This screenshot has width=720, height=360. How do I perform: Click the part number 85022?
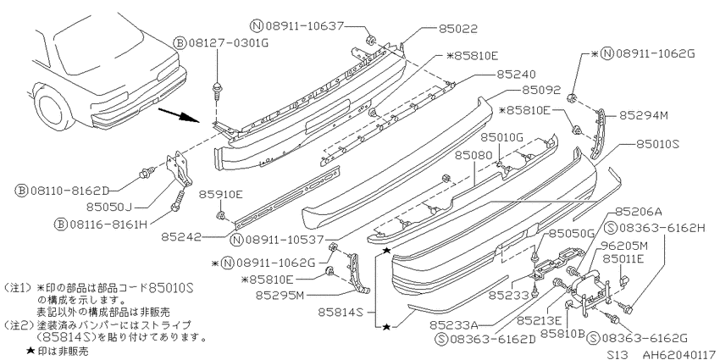457,29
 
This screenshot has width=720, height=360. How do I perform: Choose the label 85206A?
638,211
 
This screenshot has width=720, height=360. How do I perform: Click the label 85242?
181,237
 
